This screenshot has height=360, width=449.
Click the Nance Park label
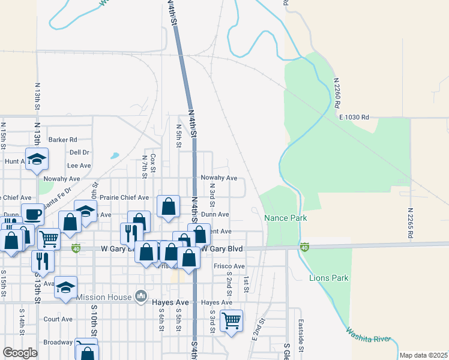coord(286,218)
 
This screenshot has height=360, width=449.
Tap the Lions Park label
coord(328,278)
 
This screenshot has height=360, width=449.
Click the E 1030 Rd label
coord(354,118)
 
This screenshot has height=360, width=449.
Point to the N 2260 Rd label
coord(336,92)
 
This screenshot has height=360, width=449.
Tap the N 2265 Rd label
coord(411,223)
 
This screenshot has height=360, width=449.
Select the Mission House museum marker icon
coord(140,296)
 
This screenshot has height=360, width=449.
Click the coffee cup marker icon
coord(32,215)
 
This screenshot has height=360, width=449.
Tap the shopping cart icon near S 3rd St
coord(231,320)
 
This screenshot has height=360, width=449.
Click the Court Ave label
coord(58,319)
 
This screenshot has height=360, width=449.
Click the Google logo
coord(20,353)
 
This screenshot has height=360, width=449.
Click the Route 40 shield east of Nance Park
coord(304,247)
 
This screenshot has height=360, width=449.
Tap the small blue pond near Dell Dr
coord(113,156)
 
